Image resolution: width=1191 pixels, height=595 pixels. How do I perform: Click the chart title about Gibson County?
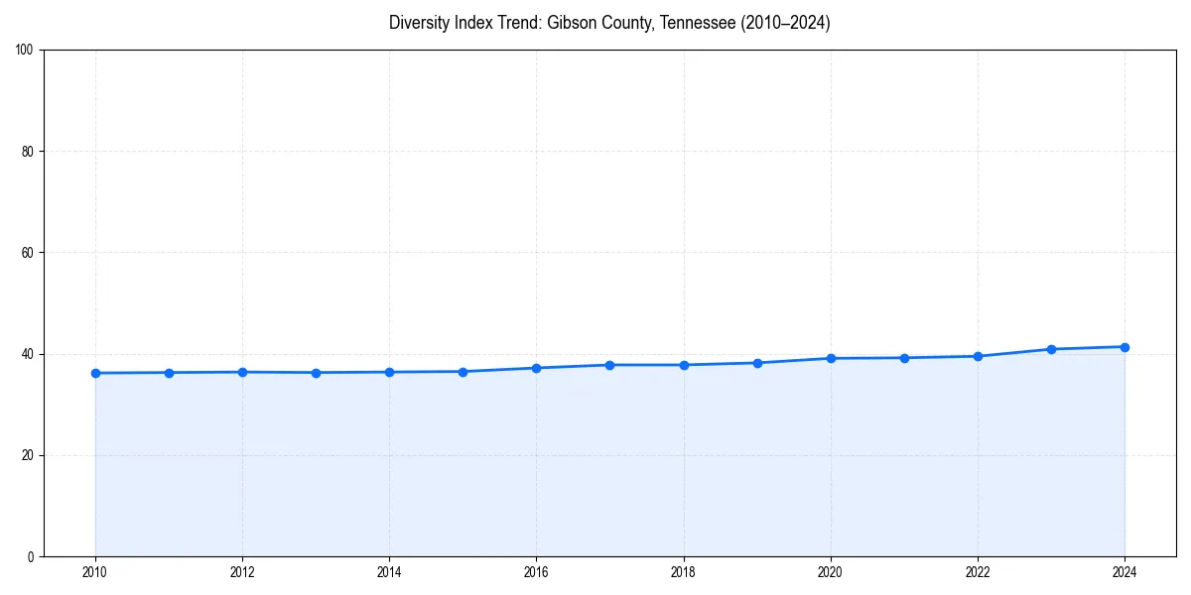tap(609, 23)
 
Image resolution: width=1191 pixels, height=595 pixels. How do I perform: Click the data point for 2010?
tap(95, 373)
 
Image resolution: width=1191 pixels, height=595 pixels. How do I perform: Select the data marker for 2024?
tap(1125, 347)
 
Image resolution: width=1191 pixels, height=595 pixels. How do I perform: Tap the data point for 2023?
tap(1051, 349)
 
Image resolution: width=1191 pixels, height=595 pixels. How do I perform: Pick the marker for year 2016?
tap(536, 368)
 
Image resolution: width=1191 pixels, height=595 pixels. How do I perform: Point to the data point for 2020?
tap(831, 358)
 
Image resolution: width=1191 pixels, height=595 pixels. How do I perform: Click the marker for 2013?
tap(316, 373)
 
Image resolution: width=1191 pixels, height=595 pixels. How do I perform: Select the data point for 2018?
tap(684, 365)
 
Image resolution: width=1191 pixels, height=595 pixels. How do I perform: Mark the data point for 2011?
tap(169, 373)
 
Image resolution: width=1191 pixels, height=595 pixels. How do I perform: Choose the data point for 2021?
tap(904, 358)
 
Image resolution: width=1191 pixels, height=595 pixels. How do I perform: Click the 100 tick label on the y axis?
tap(25, 51)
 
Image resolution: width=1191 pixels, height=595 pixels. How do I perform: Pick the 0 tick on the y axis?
tap(31, 556)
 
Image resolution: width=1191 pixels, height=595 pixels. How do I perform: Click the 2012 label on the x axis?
tap(242, 572)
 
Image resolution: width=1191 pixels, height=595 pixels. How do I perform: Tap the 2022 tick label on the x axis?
tap(978, 572)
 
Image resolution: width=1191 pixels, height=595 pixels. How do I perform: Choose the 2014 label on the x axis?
tap(389, 572)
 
